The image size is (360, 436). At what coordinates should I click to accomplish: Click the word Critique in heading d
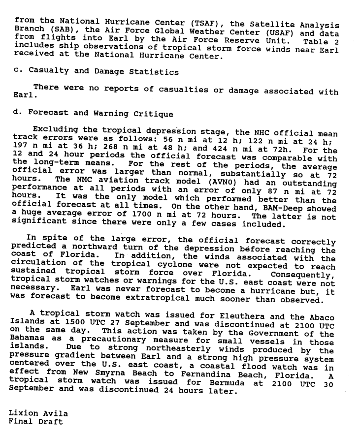(153, 114)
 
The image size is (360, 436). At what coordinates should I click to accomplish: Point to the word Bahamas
(27, 339)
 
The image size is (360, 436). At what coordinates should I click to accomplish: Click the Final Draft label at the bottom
(35, 422)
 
